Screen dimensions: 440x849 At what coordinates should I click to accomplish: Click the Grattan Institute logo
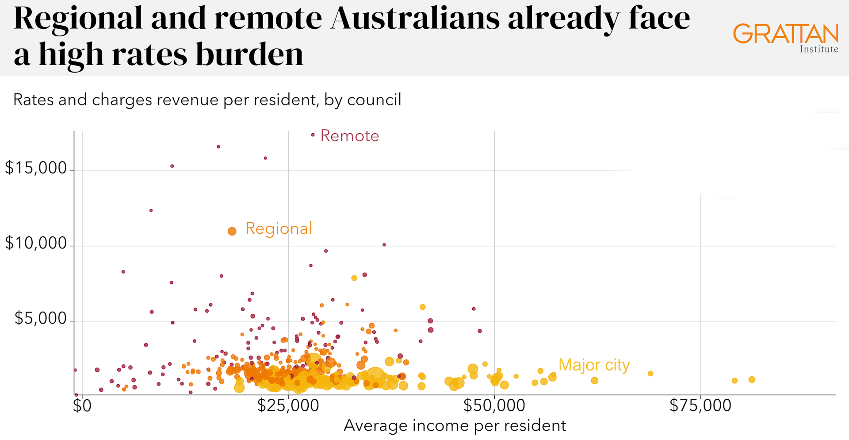[785, 38]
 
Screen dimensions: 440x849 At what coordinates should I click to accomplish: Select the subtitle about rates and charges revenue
[207, 100]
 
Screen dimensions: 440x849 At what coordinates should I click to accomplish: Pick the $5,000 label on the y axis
[40, 318]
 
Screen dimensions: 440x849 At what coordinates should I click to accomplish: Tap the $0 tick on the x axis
[82, 405]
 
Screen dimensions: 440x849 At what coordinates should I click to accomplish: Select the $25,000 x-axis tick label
[288, 405]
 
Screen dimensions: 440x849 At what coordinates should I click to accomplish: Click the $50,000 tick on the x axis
[494, 405]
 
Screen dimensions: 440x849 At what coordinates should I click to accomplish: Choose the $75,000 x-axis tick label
[700, 405]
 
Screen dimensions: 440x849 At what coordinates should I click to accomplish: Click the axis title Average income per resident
[455, 425]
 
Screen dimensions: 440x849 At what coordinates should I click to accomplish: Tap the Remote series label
[349, 136]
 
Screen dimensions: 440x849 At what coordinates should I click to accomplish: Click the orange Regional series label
[279, 228]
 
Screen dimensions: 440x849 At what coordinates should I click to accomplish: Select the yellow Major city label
[594, 365]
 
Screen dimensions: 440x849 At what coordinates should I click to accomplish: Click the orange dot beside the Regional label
[232, 231]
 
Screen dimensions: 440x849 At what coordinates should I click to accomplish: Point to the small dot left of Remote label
[313, 135]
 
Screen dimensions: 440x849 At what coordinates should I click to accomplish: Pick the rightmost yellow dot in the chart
[752, 379]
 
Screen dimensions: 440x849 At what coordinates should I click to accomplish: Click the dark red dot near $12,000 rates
[151, 210]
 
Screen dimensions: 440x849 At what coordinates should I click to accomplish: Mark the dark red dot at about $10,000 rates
[384, 245]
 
